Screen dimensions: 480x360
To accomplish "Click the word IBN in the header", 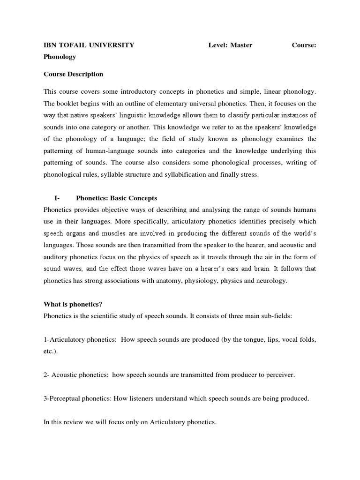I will (x=50, y=45).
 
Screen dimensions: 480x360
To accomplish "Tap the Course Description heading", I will (x=73, y=74).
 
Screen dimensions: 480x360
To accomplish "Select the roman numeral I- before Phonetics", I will (x=57, y=198).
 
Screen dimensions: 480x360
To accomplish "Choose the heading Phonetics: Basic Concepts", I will (x=117, y=198).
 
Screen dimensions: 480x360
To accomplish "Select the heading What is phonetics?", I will (x=73, y=304).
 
